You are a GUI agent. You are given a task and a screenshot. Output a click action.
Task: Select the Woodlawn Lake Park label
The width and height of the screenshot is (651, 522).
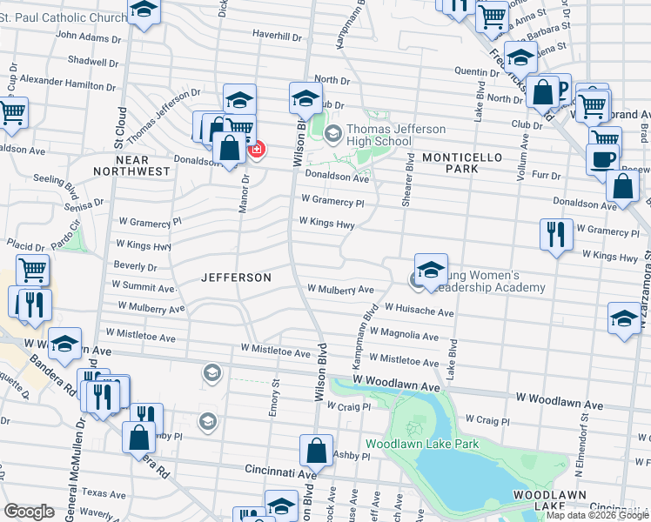pyautogui.click(x=422, y=444)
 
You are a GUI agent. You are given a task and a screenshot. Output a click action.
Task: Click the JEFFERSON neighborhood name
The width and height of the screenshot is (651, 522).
pyautogui.click(x=236, y=278)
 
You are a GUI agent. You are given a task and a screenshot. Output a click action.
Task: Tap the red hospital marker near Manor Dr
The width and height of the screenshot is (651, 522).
pyautogui.click(x=256, y=151)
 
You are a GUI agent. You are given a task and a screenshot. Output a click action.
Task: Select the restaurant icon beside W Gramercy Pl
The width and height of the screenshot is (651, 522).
pyautogui.click(x=554, y=233)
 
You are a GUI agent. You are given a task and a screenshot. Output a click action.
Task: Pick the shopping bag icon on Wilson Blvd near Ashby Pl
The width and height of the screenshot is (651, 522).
pyautogui.click(x=316, y=451)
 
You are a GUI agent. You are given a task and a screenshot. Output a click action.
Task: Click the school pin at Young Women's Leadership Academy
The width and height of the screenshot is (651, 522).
pyautogui.click(x=430, y=269)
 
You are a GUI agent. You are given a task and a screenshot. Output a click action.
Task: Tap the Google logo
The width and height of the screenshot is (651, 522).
pyautogui.click(x=29, y=512)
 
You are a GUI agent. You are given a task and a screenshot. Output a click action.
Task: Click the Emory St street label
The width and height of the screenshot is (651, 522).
pyautogui.click(x=274, y=397)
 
